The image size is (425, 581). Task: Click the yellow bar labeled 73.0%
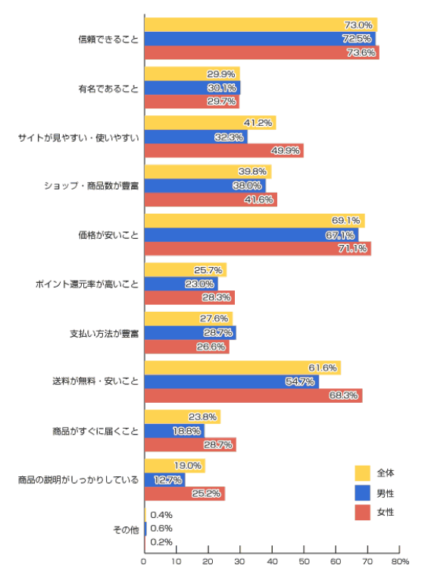261,25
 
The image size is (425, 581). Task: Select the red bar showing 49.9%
224,150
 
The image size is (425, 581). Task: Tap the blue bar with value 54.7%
232,382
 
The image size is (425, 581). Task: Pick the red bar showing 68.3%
254,395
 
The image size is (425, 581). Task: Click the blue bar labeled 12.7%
164,480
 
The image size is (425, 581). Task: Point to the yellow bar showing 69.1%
255,221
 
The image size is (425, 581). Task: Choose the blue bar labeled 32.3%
196,137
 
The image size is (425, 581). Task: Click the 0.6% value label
161,529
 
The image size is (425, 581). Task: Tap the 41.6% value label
258,199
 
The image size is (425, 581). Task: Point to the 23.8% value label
202,417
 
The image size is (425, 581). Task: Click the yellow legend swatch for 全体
362,473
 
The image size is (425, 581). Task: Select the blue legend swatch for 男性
362,493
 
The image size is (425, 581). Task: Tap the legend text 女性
386,513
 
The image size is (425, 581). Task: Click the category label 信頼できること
108,39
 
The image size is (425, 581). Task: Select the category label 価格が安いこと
108,235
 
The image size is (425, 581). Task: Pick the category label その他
126,530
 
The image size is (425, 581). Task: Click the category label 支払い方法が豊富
104,334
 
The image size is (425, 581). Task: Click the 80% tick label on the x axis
400,562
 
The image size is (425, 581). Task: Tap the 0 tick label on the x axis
144,562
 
